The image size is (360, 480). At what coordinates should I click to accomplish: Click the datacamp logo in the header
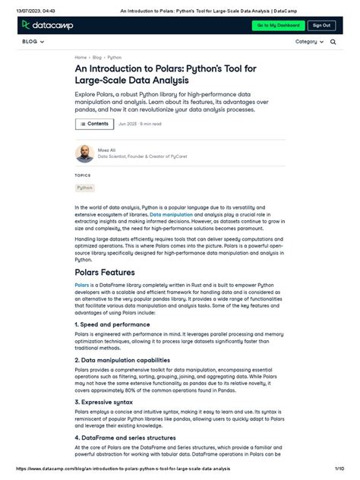[46, 25]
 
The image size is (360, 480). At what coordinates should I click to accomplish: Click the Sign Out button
[322, 25]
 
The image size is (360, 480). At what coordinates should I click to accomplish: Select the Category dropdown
[309, 42]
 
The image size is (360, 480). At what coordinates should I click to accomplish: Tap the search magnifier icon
[333, 42]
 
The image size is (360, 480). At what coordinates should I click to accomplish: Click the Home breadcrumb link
[81, 57]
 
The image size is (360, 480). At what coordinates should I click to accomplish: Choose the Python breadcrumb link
[114, 57]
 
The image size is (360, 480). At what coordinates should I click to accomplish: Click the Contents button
[94, 123]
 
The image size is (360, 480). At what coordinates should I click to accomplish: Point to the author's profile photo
[84, 153]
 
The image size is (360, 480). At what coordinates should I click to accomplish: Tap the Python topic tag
[84, 187]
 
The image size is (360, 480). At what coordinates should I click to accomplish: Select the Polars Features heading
[105, 272]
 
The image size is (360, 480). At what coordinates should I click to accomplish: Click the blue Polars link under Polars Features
[81, 285]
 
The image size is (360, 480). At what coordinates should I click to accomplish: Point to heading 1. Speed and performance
[113, 324]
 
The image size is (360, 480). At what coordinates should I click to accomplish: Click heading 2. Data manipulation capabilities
[122, 360]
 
